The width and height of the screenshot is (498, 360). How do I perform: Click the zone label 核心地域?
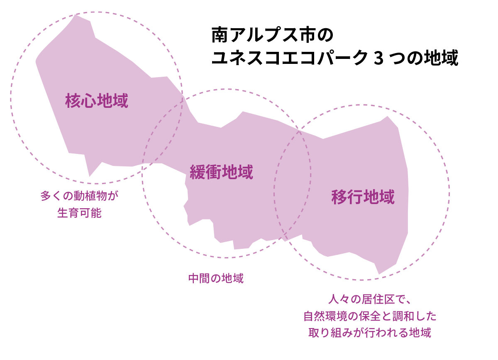click(x=97, y=101)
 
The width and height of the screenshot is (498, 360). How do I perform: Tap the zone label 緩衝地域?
click(x=221, y=172)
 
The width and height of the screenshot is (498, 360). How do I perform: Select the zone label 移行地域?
click(x=363, y=197)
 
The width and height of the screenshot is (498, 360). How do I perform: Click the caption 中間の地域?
click(x=216, y=278)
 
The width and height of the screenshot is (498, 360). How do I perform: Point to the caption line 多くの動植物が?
click(x=79, y=196)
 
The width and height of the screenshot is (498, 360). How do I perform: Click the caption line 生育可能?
click(x=79, y=213)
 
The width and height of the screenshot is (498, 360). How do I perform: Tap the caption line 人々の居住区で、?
click(x=370, y=299)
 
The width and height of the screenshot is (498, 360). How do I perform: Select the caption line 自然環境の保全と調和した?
click(x=370, y=316)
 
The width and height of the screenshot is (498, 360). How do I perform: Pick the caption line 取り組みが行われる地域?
click(x=370, y=333)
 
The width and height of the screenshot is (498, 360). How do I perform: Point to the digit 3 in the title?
click(x=378, y=58)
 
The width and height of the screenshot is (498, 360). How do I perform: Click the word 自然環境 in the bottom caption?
click(x=325, y=316)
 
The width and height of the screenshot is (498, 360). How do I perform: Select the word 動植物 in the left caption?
click(x=90, y=196)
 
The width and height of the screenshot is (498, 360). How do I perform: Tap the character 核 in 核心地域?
click(x=73, y=101)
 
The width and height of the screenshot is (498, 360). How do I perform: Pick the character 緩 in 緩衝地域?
click(x=198, y=172)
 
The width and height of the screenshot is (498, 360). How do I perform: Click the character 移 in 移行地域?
click(x=339, y=197)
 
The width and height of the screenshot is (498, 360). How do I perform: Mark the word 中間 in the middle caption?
click(x=199, y=278)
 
